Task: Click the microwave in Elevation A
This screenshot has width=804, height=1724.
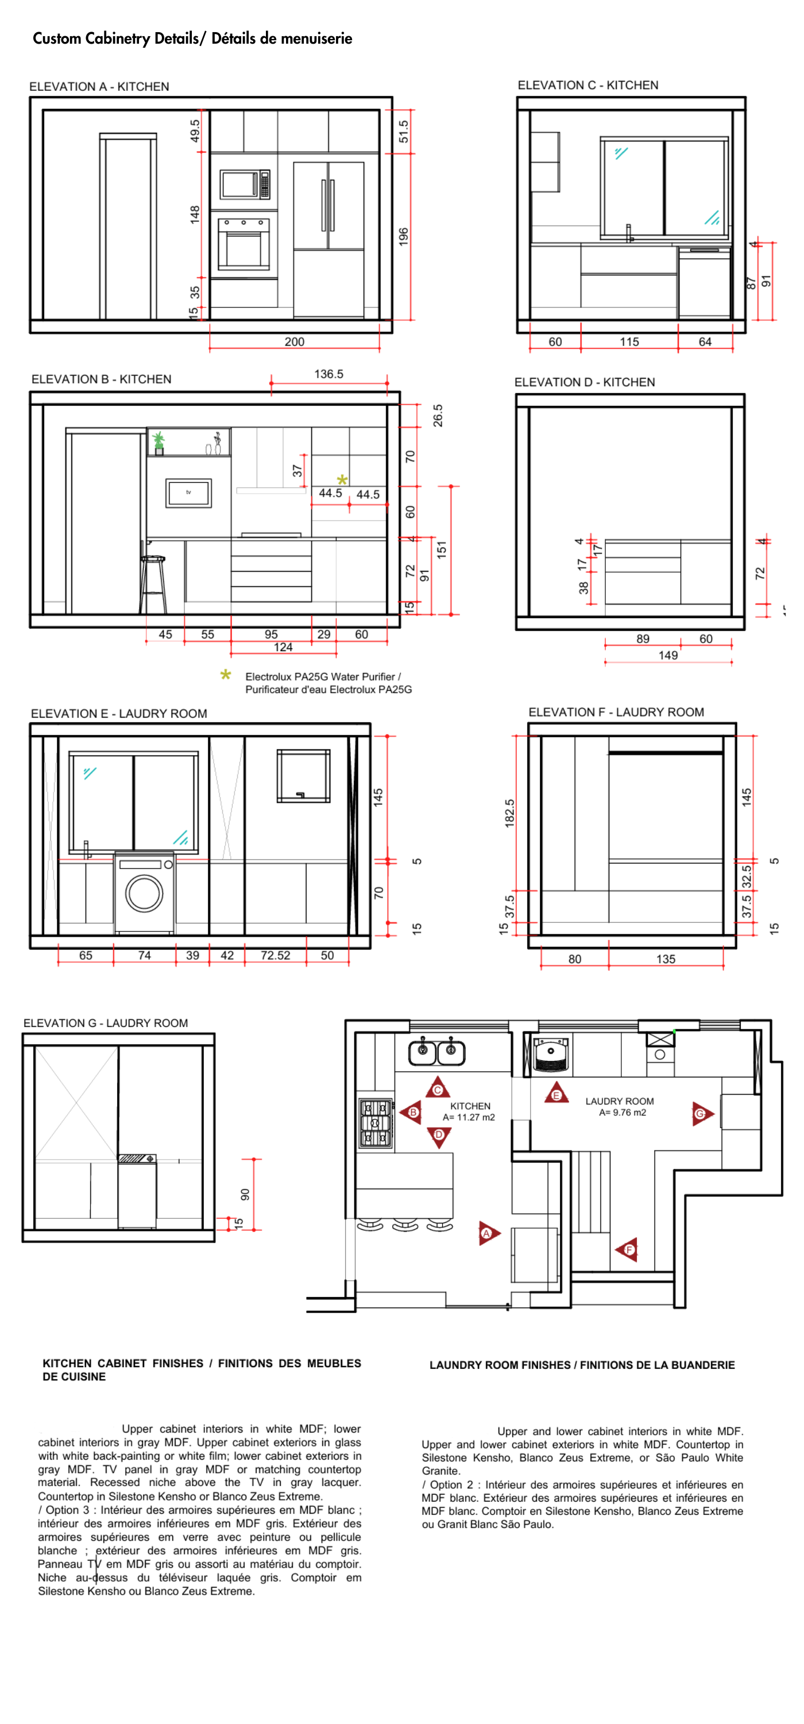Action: (x=245, y=184)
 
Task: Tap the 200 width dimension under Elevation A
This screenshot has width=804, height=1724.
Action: (x=294, y=341)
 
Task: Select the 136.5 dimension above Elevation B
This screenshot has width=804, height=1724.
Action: (x=328, y=374)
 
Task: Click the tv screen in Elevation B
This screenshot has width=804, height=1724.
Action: (x=188, y=493)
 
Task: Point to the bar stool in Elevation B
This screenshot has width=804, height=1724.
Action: (x=153, y=584)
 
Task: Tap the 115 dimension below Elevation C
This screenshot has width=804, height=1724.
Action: (x=629, y=342)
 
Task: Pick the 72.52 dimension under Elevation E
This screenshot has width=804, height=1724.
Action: (x=276, y=955)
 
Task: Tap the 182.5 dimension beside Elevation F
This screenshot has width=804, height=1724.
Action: (x=510, y=813)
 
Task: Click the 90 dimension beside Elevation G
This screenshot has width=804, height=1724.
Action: (x=245, y=1194)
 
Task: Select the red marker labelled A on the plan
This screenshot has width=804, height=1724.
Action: (x=488, y=1233)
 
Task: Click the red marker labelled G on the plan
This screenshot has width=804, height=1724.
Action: (x=702, y=1114)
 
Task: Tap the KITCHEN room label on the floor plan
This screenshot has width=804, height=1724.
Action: (x=470, y=1106)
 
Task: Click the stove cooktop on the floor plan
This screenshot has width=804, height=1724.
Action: (x=376, y=1122)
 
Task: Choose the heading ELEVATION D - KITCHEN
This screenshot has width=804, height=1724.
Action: (x=584, y=382)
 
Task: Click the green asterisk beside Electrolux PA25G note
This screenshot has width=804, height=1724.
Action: (x=226, y=675)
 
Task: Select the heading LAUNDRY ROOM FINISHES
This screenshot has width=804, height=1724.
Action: (x=582, y=1365)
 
